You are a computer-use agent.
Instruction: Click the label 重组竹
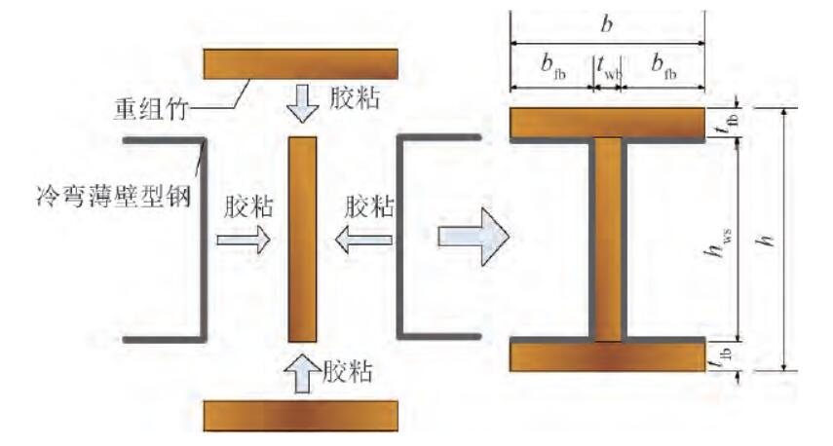pyautogui.click(x=151, y=109)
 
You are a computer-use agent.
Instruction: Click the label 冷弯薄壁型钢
pyautogui.click(x=113, y=197)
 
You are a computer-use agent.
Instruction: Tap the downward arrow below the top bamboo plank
pyautogui.click(x=302, y=103)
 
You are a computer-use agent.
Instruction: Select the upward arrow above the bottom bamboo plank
pyautogui.click(x=302, y=373)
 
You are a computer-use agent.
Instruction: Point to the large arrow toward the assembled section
pyautogui.click(x=473, y=237)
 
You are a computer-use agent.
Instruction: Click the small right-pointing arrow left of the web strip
pyautogui.click(x=244, y=240)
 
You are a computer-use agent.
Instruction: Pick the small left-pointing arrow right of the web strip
pyautogui.click(x=363, y=240)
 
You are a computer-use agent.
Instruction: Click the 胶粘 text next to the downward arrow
pyautogui.click(x=355, y=98)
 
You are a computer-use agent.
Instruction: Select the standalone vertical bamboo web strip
pyautogui.click(x=302, y=240)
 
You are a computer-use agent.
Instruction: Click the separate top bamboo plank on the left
pyautogui.click(x=301, y=63)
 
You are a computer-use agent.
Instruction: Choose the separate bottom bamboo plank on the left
pyautogui.click(x=301, y=415)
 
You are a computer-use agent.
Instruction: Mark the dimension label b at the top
pyautogui.click(x=606, y=24)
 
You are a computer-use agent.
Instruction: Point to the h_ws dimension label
pyautogui.click(x=721, y=243)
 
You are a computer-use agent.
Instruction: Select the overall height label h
pyautogui.click(x=765, y=240)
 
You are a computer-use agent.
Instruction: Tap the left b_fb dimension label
pyautogui.click(x=552, y=67)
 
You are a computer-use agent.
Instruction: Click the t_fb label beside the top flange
pyautogui.click(x=727, y=122)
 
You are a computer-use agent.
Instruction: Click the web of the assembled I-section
pyautogui.click(x=607, y=240)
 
